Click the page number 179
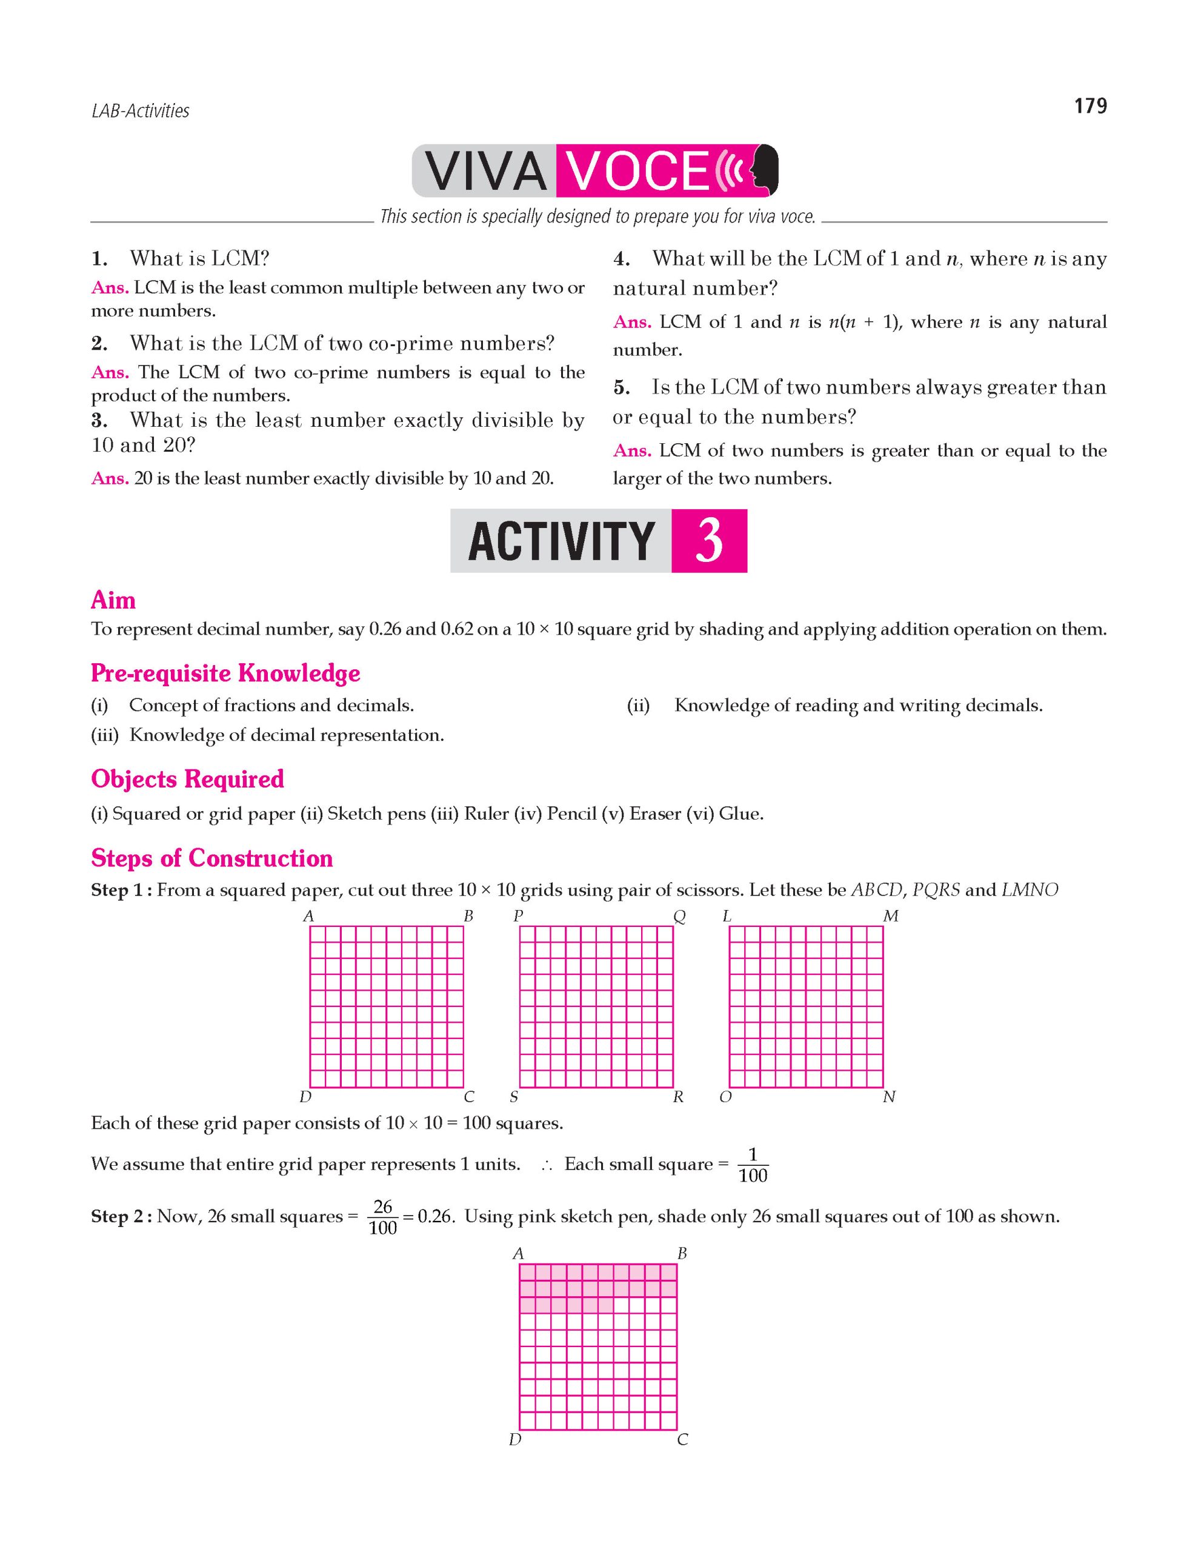[x=1090, y=106]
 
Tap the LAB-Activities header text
[x=140, y=111]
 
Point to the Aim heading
[x=113, y=600]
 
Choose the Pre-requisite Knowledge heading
[x=225, y=673]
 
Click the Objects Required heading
[x=187, y=779]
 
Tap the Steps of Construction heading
[x=211, y=858]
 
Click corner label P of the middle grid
[x=517, y=917]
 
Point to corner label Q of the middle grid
[x=679, y=917]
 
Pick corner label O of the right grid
[x=725, y=1097]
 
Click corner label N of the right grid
[x=889, y=1097]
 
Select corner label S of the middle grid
[x=513, y=1097]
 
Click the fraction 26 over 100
[x=383, y=1217]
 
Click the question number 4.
[x=621, y=259]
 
